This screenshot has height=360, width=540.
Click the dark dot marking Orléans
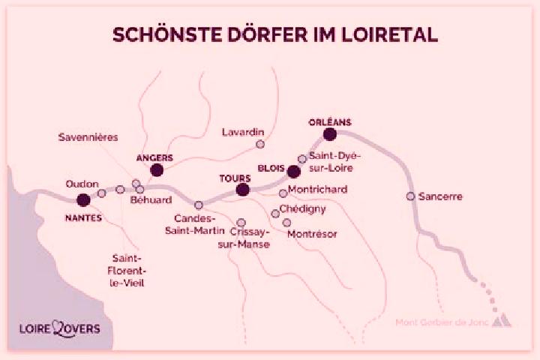(x=329, y=134)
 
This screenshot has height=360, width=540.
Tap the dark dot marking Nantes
(x=83, y=199)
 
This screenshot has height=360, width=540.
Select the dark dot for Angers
(x=157, y=170)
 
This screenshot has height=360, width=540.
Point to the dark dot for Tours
(x=243, y=190)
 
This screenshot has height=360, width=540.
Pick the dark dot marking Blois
(x=293, y=172)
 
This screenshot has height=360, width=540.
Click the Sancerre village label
(x=440, y=196)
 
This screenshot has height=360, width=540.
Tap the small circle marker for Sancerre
(x=410, y=196)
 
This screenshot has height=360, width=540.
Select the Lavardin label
(x=243, y=132)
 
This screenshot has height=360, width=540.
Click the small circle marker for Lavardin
(x=260, y=144)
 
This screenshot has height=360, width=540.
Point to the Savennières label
(x=88, y=137)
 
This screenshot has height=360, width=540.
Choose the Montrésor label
(x=312, y=234)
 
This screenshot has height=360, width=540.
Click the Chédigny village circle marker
(x=275, y=214)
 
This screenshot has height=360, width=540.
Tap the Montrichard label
(x=317, y=190)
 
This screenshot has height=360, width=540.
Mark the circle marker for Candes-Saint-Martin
(x=199, y=205)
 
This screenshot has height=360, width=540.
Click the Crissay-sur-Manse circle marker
(x=241, y=223)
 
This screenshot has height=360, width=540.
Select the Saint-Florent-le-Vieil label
(x=127, y=271)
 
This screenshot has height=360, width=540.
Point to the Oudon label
(x=82, y=184)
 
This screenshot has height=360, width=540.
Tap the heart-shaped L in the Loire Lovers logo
(x=60, y=328)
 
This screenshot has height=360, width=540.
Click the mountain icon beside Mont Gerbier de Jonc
(x=502, y=320)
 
